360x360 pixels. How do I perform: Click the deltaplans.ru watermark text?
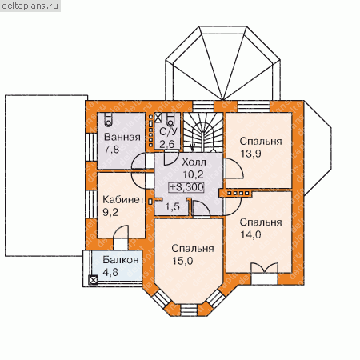point(30,6)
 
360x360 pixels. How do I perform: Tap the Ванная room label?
point(122,137)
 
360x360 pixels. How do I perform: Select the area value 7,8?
point(112,150)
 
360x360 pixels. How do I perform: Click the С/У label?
point(168,132)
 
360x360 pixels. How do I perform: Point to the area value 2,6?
point(167,144)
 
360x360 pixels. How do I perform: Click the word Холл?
point(194,162)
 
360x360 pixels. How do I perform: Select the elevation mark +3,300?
point(186,187)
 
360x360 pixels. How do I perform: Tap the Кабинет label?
point(123,199)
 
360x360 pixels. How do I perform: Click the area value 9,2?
point(110,212)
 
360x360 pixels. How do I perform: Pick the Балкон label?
point(121,259)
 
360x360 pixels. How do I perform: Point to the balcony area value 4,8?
point(110,272)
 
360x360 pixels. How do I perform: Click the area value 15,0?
point(182,261)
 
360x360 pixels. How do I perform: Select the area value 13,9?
point(250,154)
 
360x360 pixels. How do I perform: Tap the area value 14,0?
point(250,234)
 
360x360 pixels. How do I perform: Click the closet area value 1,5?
point(172,206)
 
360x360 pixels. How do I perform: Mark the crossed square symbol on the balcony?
point(94,280)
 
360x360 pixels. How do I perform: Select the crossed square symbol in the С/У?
point(158,118)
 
